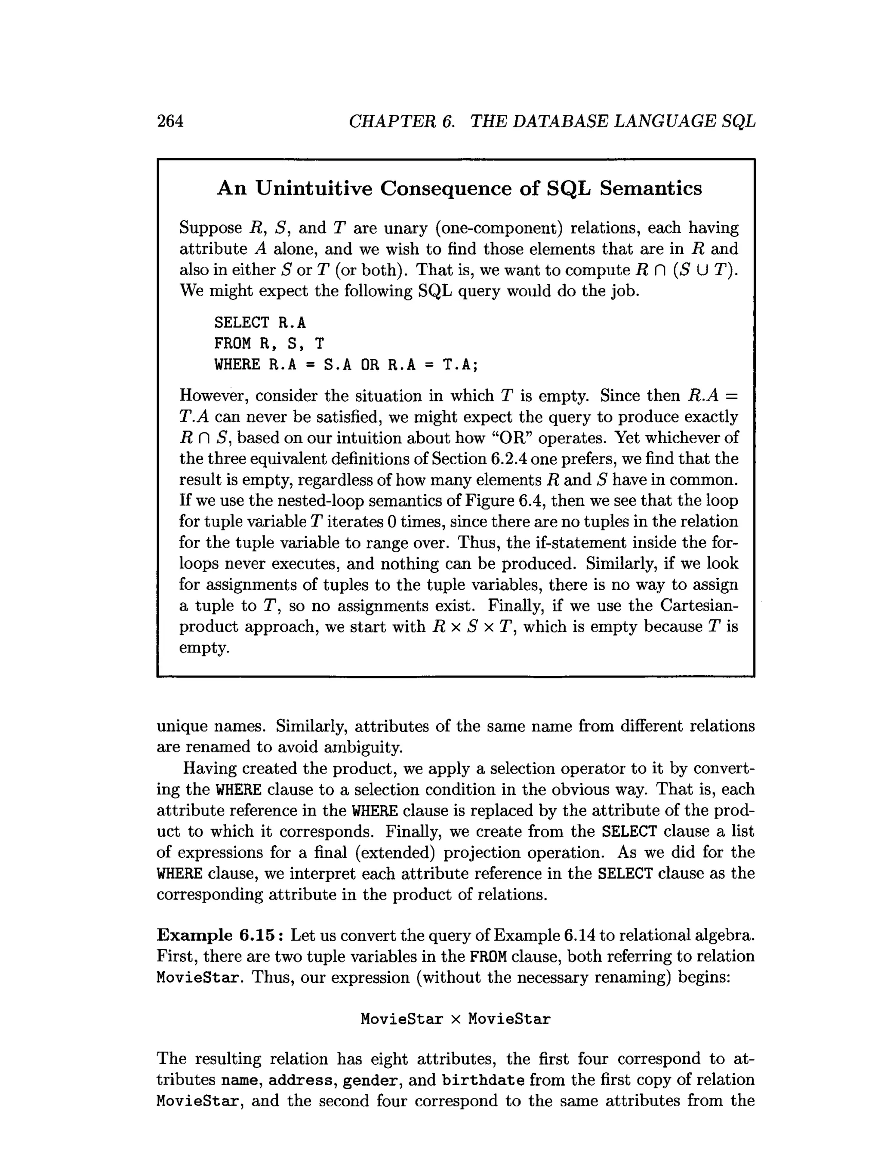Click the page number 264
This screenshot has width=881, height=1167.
[x=170, y=122]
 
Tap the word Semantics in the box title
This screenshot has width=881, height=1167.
[x=650, y=188]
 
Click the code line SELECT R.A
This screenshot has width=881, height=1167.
[x=259, y=322]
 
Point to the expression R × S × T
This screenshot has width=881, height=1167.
[x=473, y=627]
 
